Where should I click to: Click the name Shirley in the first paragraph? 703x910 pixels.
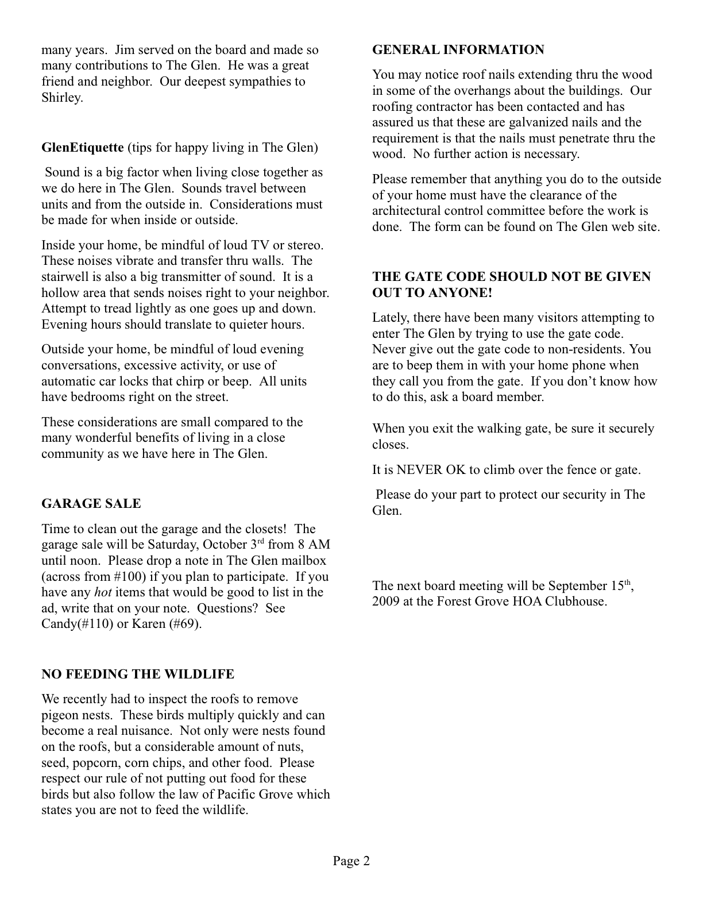point(61,98)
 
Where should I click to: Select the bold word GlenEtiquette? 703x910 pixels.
point(82,148)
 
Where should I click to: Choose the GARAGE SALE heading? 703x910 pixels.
point(91,504)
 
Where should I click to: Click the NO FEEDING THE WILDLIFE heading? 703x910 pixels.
point(137,674)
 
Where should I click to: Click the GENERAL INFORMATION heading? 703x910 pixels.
point(458,50)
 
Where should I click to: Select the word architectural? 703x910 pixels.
point(408,211)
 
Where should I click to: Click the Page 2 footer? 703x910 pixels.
point(351,861)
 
